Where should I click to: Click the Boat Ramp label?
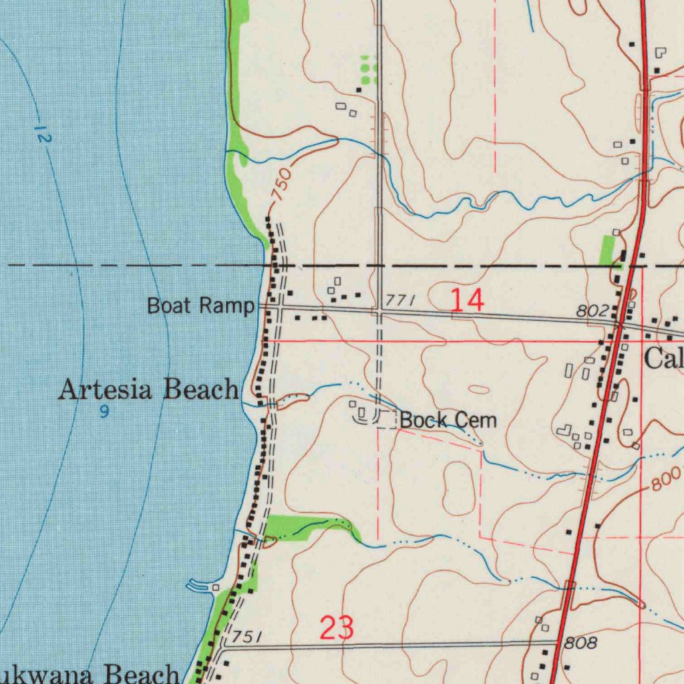coord(200,306)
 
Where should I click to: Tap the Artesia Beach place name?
coord(148,389)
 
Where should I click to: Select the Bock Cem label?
coord(449,420)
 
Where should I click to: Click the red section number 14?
coord(467,301)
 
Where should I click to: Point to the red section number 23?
coord(337,628)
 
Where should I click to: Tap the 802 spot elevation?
coord(592,311)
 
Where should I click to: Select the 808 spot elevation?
coord(580,643)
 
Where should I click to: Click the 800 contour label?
coord(666,478)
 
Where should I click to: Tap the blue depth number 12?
coord(43,134)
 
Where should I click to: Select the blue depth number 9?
coord(104,413)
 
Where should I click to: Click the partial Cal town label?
coord(663,359)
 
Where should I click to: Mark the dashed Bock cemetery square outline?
coord(387,419)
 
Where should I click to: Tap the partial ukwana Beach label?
coord(90,673)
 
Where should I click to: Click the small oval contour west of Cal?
coord(478,389)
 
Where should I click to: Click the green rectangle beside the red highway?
coord(607,250)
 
